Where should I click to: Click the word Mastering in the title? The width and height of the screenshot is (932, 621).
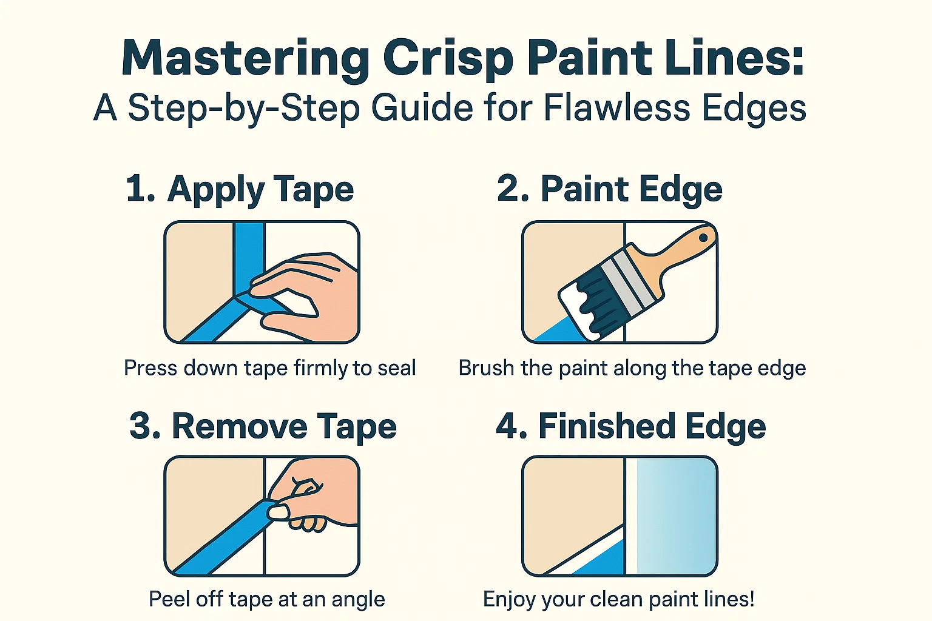[x=245, y=59]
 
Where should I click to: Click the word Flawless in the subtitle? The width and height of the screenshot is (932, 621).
[x=616, y=109]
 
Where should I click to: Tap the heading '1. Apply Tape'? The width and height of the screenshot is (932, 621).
[x=240, y=189]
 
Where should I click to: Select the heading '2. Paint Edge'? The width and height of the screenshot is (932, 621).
[x=609, y=189]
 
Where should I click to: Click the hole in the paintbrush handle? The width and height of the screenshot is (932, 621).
[x=703, y=238]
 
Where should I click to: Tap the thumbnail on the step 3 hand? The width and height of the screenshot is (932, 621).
[x=279, y=512]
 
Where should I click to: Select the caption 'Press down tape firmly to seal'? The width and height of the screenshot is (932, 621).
[x=269, y=368]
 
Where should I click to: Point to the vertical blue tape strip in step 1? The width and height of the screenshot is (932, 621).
[x=249, y=249]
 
